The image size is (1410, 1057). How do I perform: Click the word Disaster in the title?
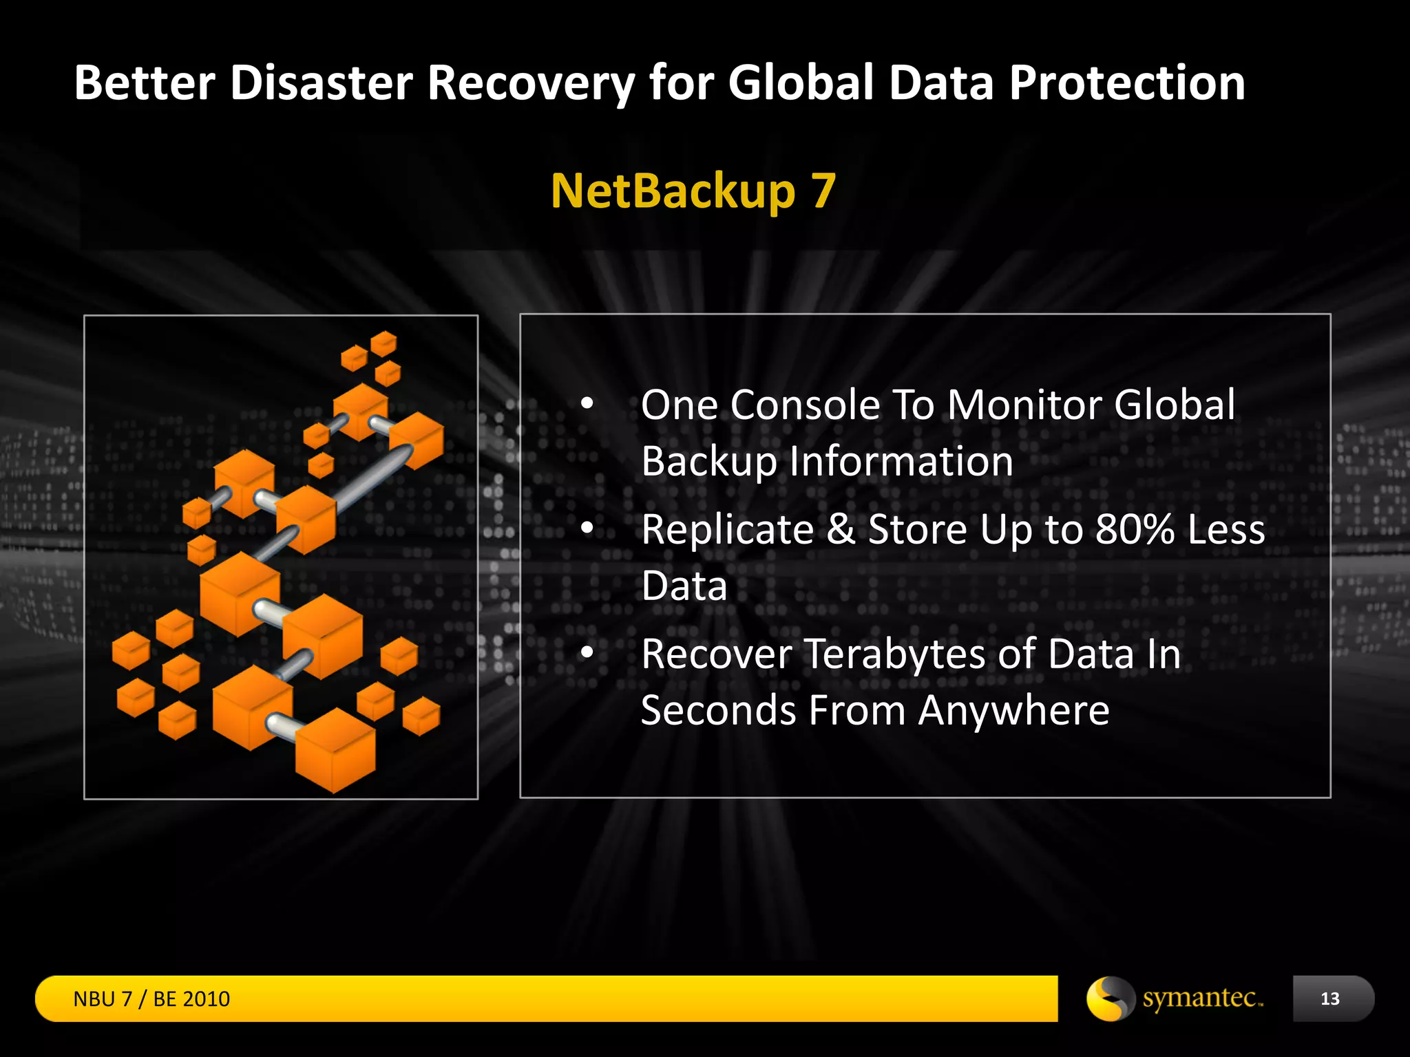tap(321, 83)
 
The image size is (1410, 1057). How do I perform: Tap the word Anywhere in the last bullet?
tap(1013, 710)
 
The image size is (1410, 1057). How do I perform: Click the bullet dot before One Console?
tap(587, 404)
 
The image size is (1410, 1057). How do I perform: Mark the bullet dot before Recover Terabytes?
tap(587, 652)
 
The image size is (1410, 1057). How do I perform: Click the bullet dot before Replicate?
tap(587, 528)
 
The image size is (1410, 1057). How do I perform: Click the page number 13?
tap(1329, 999)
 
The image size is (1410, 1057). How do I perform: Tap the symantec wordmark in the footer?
tap(1202, 998)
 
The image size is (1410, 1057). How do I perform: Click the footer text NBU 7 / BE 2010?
tap(151, 999)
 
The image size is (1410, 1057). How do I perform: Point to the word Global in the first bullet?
tap(1175, 405)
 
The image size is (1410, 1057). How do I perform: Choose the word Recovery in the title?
tap(531, 83)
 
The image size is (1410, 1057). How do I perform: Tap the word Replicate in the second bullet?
tap(727, 529)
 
